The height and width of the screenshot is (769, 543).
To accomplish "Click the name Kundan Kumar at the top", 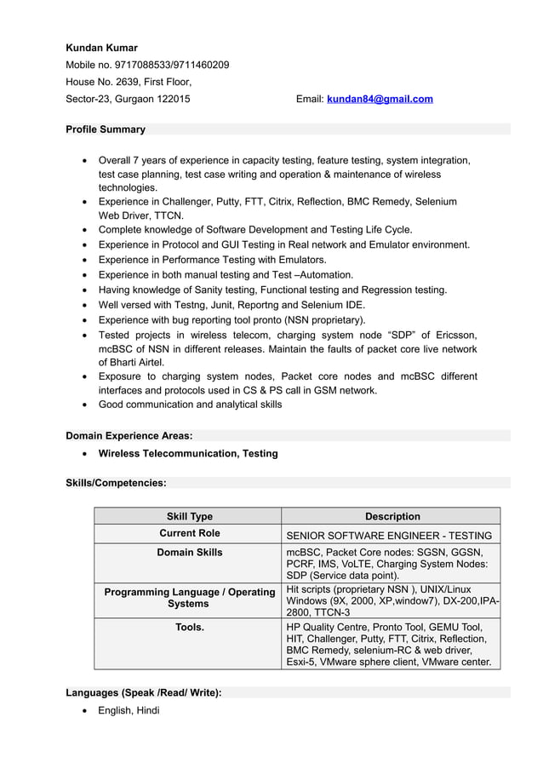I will pyautogui.click(x=101, y=48).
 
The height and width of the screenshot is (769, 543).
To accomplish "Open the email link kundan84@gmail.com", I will pyautogui.click(x=380, y=99).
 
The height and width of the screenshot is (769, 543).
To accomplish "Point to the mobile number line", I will pyautogui.click(x=147, y=65).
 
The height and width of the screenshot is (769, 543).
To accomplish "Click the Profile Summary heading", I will pyautogui.click(x=106, y=129).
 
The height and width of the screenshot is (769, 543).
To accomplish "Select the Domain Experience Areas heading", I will pyautogui.click(x=129, y=435).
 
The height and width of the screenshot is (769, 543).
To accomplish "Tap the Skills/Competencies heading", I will pyautogui.click(x=116, y=483).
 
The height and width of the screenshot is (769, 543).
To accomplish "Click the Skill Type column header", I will pyautogui.click(x=189, y=516).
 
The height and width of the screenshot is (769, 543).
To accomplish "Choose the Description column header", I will pyautogui.click(x=392, y=516).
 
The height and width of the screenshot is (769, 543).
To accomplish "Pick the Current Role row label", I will pyautogui.click(x=189, y=533).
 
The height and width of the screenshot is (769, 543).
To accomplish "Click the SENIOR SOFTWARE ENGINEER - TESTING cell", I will pyautogui.click(x=389, y=536).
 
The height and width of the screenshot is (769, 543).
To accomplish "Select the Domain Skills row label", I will pyautogui.click(x=189, y=553).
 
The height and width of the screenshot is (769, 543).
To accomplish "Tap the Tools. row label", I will pyautogui.click(x=189, y=628).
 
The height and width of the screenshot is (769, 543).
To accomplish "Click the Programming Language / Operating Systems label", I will pyautogui.click(x=189, y=597).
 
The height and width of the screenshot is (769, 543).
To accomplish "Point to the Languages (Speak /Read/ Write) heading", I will pyautogui.click(x=143, y=692).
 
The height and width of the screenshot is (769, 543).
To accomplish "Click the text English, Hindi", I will pyautogui.click(x=129, y=710).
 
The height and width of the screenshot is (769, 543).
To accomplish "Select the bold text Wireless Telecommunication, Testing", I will pyautogui.click(x=188, y=453).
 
